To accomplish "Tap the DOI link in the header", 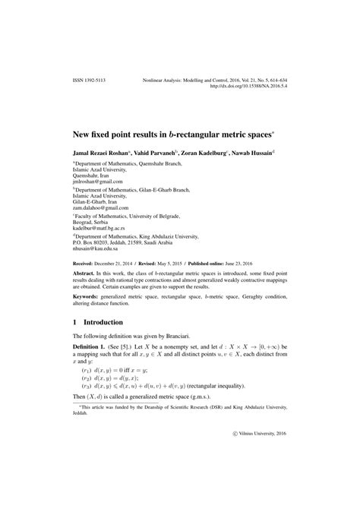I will pyautogui.click(x=242, y=85).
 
